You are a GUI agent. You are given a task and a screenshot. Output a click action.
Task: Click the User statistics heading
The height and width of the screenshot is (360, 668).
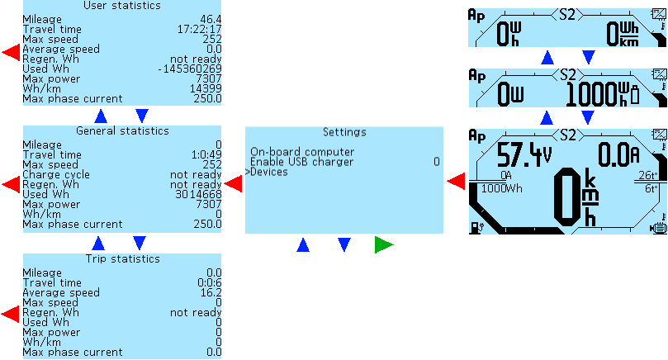coord(122,7)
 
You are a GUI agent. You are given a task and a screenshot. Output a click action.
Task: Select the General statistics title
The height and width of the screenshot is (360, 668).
coord(122,130)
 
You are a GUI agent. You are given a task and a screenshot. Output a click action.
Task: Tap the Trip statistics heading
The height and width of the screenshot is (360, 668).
coord(122,259)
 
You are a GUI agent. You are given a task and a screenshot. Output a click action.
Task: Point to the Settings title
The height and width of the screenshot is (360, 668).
coord(343,131)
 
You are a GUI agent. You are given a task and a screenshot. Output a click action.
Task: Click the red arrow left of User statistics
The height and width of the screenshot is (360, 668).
coord(11,53)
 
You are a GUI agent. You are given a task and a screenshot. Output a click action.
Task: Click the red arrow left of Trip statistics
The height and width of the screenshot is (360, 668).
coord(11,314)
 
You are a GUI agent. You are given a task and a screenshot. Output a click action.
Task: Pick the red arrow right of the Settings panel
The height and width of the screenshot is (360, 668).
coord(455,181)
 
